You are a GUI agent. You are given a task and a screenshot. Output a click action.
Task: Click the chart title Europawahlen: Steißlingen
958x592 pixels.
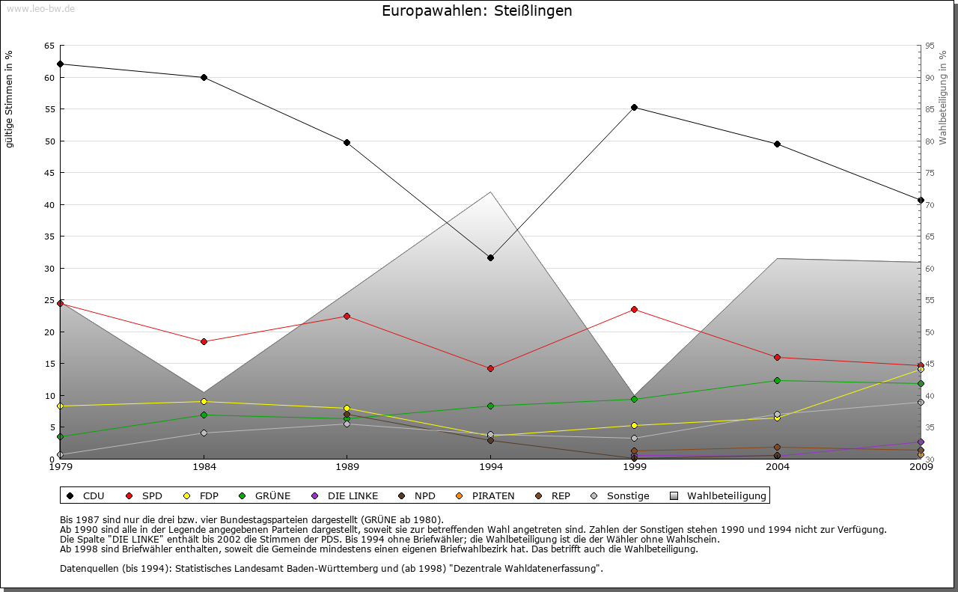click(477, 11)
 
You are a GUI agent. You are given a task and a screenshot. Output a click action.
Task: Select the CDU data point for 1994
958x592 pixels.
click(490, 257)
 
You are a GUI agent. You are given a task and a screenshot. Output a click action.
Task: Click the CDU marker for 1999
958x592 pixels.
click(634, 107)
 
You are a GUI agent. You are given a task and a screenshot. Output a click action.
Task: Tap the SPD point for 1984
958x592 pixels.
click(204, 341)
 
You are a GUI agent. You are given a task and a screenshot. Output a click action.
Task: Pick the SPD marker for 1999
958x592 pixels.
click(634, 309)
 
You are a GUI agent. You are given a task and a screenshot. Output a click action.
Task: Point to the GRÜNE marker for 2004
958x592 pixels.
click(778, 380)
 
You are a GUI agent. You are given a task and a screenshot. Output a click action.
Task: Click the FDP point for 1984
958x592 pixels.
click(204, 401)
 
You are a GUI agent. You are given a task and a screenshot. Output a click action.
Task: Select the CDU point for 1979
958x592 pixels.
click(60, 64)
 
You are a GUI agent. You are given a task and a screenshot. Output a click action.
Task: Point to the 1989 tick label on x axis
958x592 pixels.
click(347, 468)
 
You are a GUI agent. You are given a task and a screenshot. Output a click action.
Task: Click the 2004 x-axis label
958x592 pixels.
click(778, 468)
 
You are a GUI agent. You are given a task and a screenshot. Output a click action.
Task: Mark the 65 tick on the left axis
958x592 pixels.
click(49, 46)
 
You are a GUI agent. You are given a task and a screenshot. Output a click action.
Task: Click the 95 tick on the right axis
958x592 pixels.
click(930, 46)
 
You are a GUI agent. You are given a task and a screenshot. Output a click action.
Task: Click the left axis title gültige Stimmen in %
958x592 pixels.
click(10, 99)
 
